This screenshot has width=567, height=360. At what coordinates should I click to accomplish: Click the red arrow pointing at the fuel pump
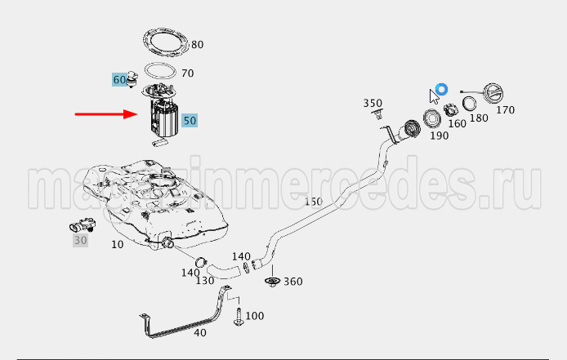pyautogui.click(x=106, y=114)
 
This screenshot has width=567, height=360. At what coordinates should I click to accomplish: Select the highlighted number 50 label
pyautogui.click(x=190, y=120)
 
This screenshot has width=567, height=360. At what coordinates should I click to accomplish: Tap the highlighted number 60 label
pyautogui.click(x=120, y=79)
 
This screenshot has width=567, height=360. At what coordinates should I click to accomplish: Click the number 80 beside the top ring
pyautogui.click(x=198, y=44)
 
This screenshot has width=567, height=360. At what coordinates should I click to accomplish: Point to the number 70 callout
pyautogui.click(x=188, y=73)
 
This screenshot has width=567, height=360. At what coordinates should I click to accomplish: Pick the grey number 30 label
pyautogui.click(x=80, y=240)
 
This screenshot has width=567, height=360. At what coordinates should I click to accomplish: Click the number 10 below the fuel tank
pyautogui.click(x=117, y=244)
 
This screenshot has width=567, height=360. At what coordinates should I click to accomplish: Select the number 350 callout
pyautogui.click(x=373, y=104)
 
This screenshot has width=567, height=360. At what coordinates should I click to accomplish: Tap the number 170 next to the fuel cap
pyautogui.click(x=505, y=110)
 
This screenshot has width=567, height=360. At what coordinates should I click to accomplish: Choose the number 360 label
pyautogui.click(x=293, y=281)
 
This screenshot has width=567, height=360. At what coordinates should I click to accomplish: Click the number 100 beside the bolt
pyautogui.click(x=255, y=316)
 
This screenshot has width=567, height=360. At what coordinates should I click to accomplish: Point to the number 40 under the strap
pyautogui.click(x=200, y=332)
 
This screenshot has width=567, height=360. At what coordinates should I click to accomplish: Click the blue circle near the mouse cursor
pyautogui.click(x=441, y=89)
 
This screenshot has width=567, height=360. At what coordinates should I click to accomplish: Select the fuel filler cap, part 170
pyautogui.click(x=493, y=93)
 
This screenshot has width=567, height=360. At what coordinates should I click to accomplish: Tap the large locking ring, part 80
pyautogui.click(x=166, y=42)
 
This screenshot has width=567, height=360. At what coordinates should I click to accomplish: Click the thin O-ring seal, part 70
pyautogui.click(x=160, y=70)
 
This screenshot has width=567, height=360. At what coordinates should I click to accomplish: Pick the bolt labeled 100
pyautogui.click(x=239, y=317)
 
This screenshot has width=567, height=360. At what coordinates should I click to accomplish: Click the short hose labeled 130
pyautogui.click(x=224, y=272)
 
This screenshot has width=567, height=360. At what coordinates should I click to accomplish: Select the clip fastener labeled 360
pyautogui.click(x=271, y=282)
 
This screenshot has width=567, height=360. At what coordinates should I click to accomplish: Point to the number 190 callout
pyautogui.click(x=440, y=136)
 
